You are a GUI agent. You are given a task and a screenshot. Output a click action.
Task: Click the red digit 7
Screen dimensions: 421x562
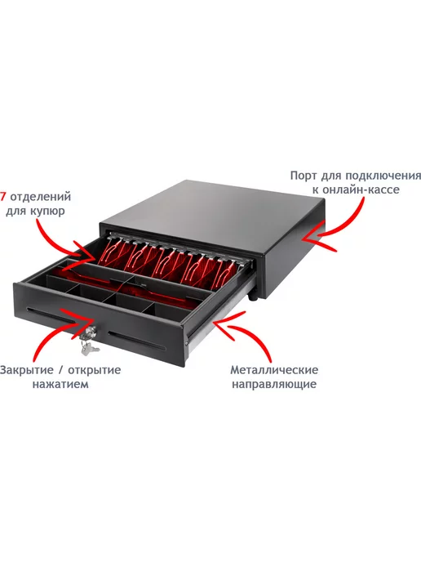pyautogui.click(x=3, y=196)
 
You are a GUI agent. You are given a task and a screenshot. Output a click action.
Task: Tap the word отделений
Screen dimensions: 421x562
pyautogui.click(x=41, y=197)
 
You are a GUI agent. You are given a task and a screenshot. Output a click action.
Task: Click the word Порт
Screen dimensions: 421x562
pyautogui.click(x=304, y=176)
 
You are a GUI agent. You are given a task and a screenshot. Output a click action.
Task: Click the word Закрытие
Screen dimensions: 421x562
pyautogui.click(x=26, y=369)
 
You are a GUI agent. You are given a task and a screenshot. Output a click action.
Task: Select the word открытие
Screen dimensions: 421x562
pyautogui.click(x=95, y=370)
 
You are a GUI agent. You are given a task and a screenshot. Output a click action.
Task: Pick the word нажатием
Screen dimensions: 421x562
pyautogui.click(x=60, y=384)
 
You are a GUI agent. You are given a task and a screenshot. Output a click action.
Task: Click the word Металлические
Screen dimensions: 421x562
pyautogui.click(x=274, y=369)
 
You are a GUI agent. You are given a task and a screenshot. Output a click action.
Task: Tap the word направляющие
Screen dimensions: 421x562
pyautogui.click(x=274, y=384)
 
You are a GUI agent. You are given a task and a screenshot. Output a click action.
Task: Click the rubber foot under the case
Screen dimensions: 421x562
pyautogui.click(x=254, y=297)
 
